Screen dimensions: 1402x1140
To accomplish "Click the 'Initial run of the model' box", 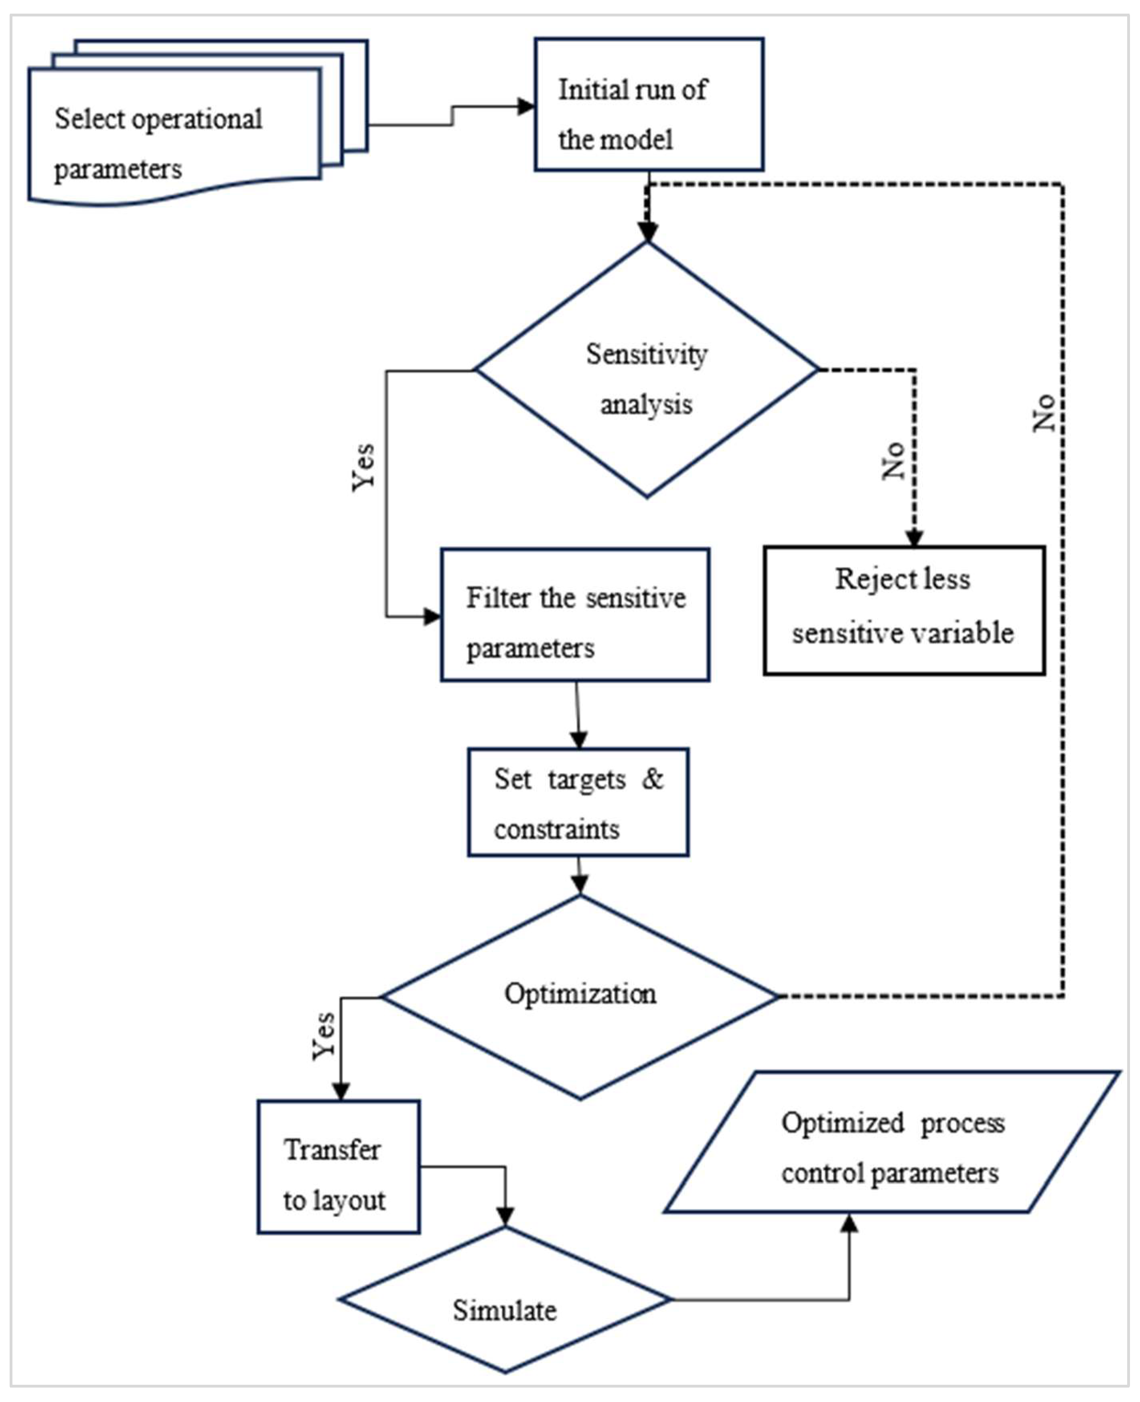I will pos(649,105).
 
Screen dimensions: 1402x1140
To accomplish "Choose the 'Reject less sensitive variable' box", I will pos(904,611).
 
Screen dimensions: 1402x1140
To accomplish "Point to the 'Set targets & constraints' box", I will pos(578,802).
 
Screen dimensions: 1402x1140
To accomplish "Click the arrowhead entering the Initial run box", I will pos(527,106).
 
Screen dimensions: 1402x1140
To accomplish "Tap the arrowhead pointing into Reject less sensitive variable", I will pos(915,538).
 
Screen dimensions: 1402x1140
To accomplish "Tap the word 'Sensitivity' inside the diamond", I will pos(647,355).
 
